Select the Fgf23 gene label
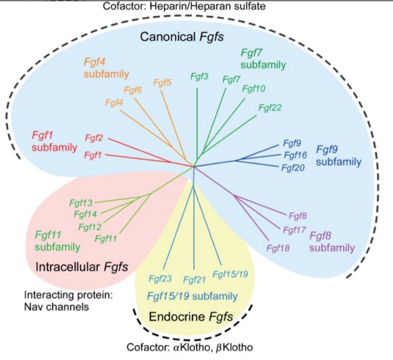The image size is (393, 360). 160,279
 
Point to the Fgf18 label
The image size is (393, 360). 278,248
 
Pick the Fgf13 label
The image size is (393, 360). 81,202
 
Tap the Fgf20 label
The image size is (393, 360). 292,168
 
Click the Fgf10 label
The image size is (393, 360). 254,89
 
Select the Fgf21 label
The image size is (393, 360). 195,279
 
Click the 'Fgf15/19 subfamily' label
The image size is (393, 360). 192,296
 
